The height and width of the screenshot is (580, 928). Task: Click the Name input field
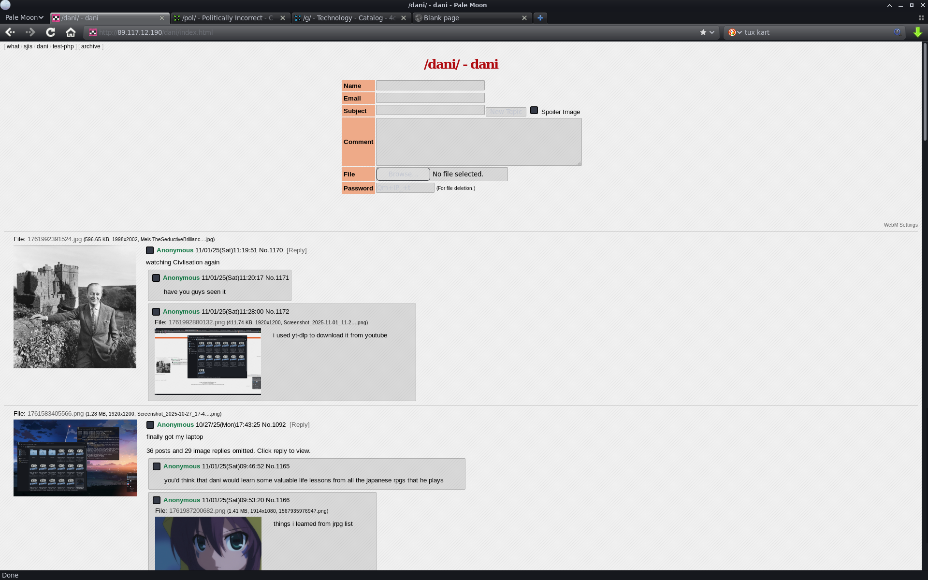430,86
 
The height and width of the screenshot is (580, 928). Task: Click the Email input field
430,98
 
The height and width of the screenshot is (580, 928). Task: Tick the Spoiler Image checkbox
534,111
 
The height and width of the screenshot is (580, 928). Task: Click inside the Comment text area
478,142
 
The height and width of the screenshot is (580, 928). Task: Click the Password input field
405,188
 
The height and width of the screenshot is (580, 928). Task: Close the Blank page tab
524,18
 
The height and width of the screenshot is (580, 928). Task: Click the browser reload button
51,32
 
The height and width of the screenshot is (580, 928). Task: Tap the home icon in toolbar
71,32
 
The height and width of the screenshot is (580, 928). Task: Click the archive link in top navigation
91,46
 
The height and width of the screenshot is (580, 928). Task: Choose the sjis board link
28,46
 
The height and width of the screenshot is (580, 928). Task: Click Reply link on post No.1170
296,250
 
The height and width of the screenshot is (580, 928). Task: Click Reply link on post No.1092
299,425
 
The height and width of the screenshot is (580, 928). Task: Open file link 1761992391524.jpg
55,239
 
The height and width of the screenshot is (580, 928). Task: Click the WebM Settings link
900,225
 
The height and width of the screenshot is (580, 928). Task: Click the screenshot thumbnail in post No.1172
208,362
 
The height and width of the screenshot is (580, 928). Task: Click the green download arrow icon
917,32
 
